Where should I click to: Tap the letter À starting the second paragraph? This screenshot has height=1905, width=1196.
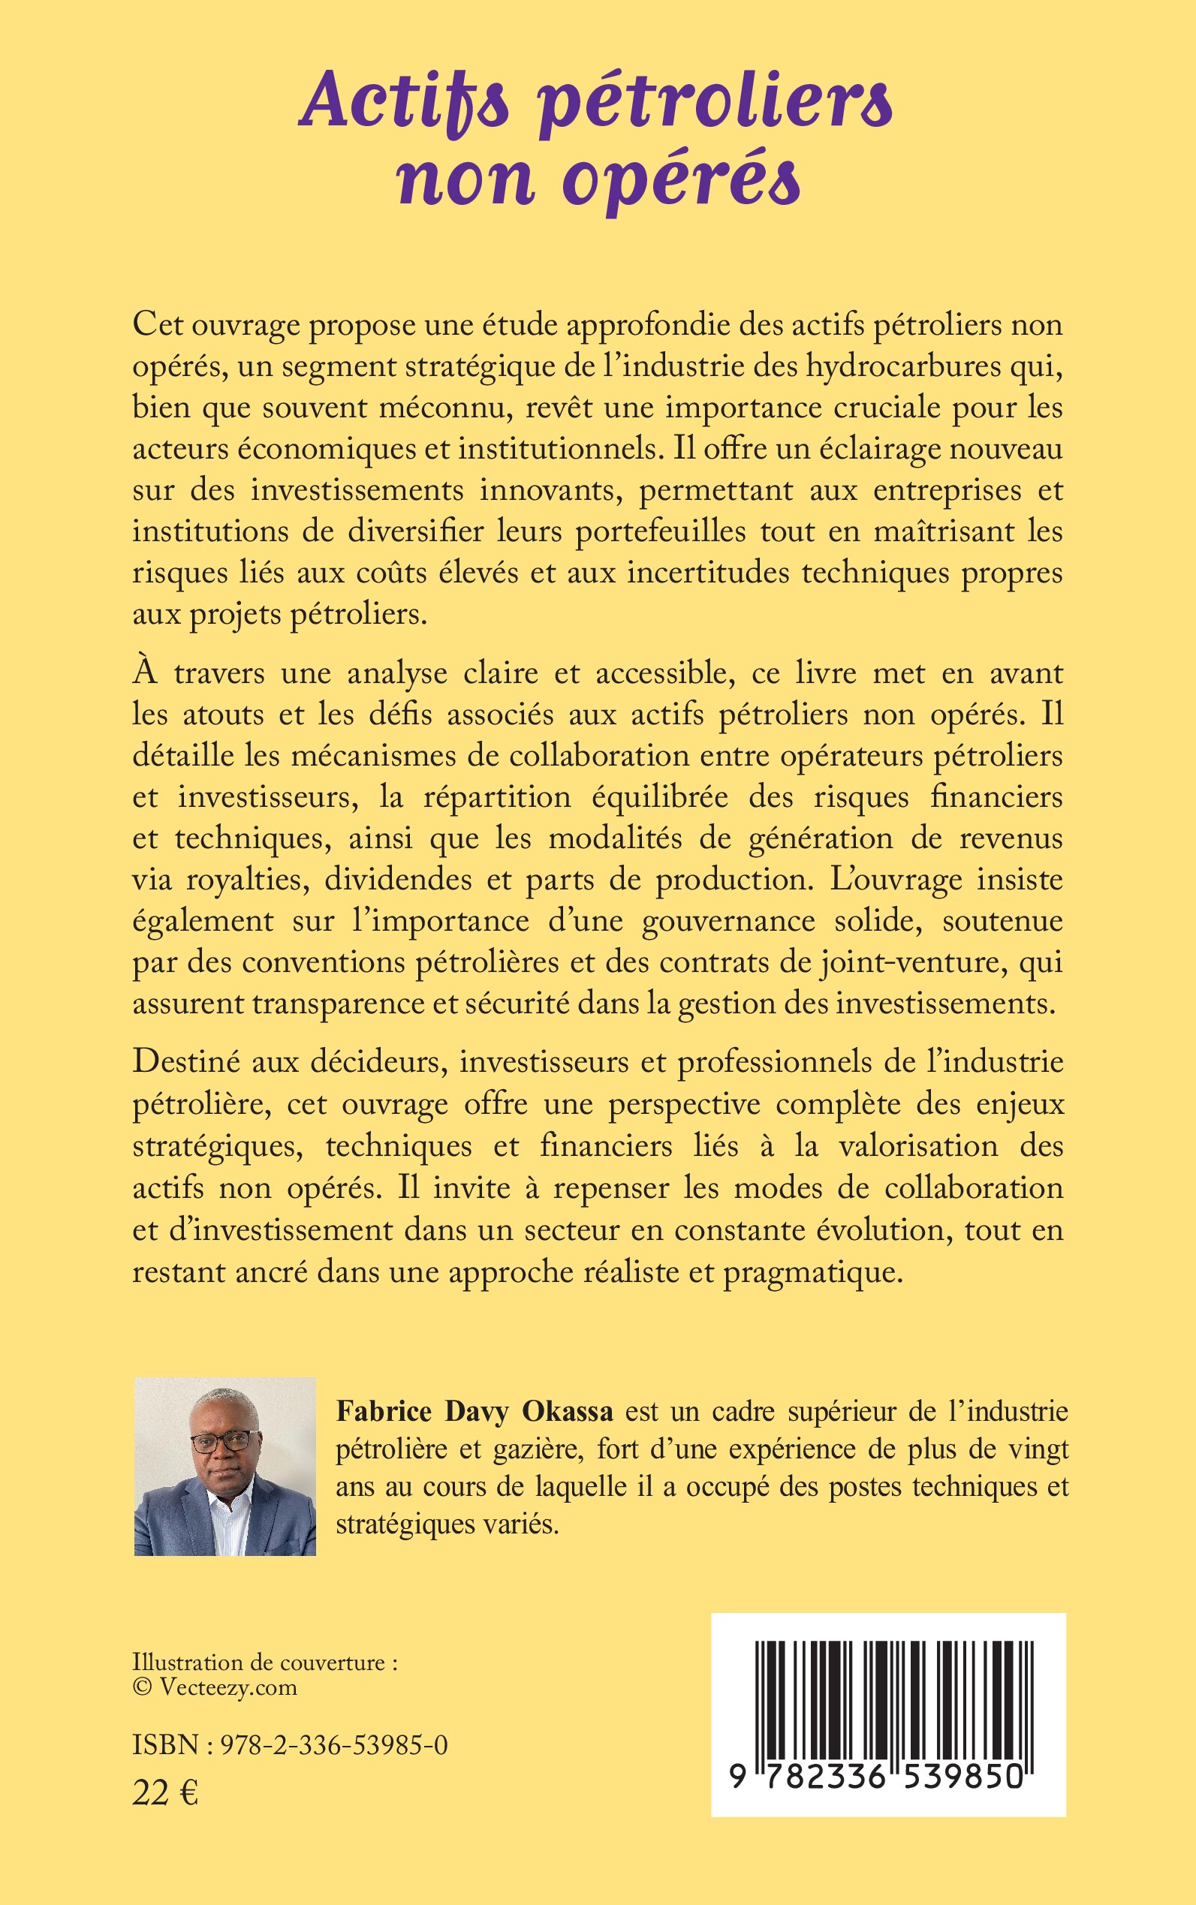coord(144,673)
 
